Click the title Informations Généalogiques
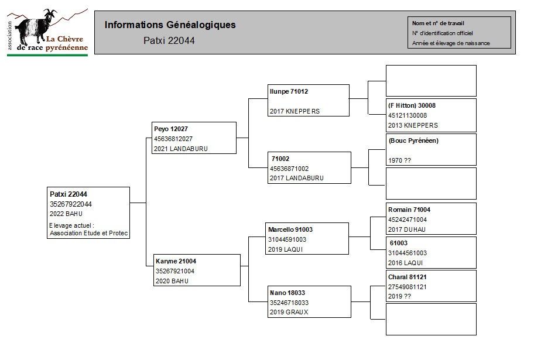170,25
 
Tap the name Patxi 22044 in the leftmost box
69,194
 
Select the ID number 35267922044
70,204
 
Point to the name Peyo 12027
170,129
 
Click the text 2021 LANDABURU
180,149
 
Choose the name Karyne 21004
176,261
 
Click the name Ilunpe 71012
289,92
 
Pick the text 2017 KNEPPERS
295,111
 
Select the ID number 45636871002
289,169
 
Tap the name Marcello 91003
290,229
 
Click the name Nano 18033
287,293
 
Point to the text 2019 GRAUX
289,313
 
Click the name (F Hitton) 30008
412,105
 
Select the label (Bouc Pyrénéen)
413,140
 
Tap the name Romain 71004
409,210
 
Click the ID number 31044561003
408,253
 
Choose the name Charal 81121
408,277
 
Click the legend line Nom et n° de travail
438,23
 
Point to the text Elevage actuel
71,225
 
